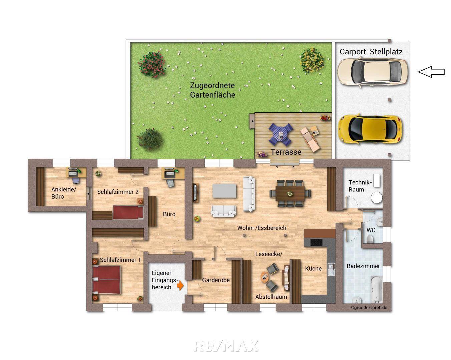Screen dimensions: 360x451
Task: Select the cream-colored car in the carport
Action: (x=372, y=72)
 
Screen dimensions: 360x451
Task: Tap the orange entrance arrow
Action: (x=180, y=285)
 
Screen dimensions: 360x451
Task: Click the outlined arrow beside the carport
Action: (x=431, y=72)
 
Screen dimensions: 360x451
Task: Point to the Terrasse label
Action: (x=286, y=152)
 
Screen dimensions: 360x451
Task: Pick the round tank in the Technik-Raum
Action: (x=377, y=197)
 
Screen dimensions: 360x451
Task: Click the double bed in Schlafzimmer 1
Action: (x=106, y=280)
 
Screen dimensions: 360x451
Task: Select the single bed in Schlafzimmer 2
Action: (x=128, y=212)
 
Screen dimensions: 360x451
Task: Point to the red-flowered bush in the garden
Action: (x=152, y=64)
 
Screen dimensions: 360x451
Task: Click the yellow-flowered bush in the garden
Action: (x=312, y=60)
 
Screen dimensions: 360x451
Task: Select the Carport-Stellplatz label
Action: (x=371, y=52)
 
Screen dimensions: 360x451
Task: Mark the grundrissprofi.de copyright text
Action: (x=369, y=308)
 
